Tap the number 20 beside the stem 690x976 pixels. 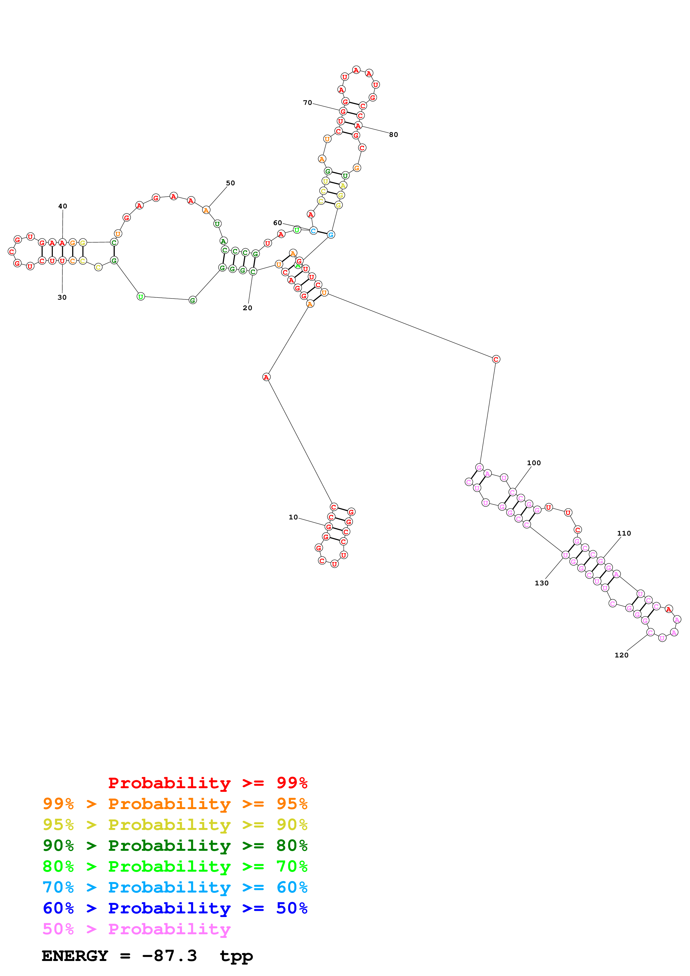pyautogui.click(x=247, y=308)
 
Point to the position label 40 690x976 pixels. pyautogui.click(x=63, y=206)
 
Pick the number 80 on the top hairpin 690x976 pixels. pyautogui.click(x=394, y=135)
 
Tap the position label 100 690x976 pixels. pyautogui.click(x=534, y=463)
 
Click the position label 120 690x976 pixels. pyautogui.click(x=622, y=655)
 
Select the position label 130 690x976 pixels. pyautogui.click(x=542, y=583)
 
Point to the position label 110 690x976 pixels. pyautogui.click(x=624, y=533)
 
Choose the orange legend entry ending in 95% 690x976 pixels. pyautogui.click(x=175, y=804)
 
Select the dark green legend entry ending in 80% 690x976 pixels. pyautogui.click(x=175, y=846)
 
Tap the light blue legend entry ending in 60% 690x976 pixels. pyautogui.click(x=175, y=887)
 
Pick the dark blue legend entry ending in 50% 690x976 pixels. pyautogui.click(x=175, y=908)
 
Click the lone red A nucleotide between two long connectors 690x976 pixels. pyautogui.click(x=266, y=377)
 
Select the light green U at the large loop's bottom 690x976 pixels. pyautogui.click(x=141, y=296)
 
